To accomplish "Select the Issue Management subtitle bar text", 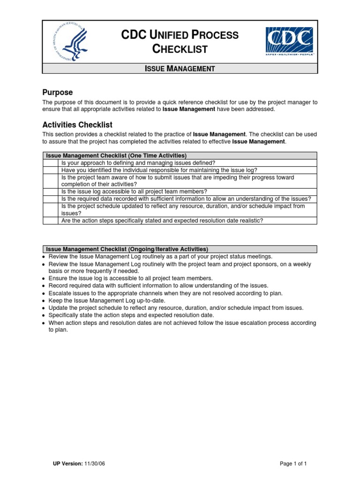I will pyautogui.click(x=180, y=68).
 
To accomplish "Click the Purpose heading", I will pyautogui.click(x=57, y=92).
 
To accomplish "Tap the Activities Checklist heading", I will pyautogui.click(x=77, y=125).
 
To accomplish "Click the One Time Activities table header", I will pyautogui.click(x=116, y=155).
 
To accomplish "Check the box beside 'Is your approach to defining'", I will pyautogui.click(x=51, y=163).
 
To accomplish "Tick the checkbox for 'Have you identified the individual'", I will pyautogui.click(x=51, y=170).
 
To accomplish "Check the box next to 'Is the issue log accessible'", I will pyautogui.click(x=51, y=191).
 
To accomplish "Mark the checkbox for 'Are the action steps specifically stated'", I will pyautogui.click(x=51, y=220).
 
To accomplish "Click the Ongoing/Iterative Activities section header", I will pyautogui.click(x=127, y=249).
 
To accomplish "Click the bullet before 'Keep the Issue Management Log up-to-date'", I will pyautogui.click(x=44, y=300).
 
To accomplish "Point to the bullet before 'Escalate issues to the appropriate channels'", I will pyautogui.click(x=44, y=293).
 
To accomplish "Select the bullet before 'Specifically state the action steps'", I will pyautogui.click(x=44, y=315).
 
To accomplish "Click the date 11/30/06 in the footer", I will pyautogui.click(x=95, y=464).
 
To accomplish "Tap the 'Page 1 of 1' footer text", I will pyautogui.click(x=293, y=464).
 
